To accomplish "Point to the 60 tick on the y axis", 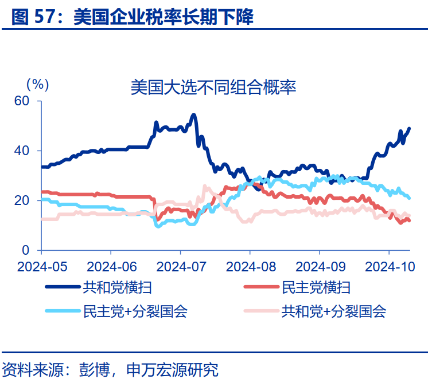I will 21,101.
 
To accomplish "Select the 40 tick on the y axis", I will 21,151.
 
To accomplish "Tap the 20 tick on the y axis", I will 21,201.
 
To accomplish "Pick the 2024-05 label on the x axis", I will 41,267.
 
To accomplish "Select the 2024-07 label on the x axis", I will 180,267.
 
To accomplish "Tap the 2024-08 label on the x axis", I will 250,267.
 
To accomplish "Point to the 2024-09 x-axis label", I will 319,267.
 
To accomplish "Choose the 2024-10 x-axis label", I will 388,267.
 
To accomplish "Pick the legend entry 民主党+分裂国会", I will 135,311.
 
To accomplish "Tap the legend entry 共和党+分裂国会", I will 333,311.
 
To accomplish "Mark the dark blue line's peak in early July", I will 193,115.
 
